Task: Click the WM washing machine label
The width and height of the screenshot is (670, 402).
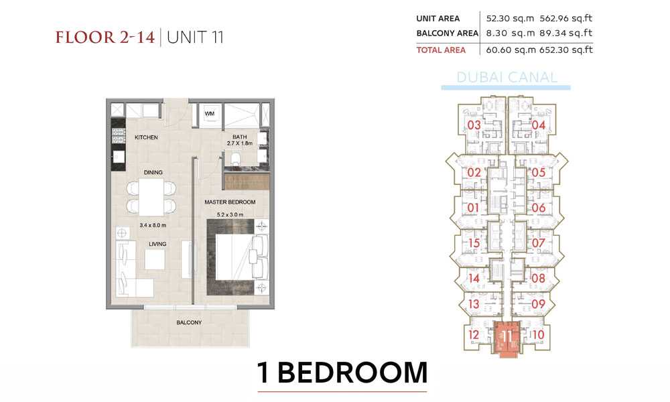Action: pos(209,114)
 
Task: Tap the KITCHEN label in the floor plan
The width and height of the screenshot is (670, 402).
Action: pos(146,137)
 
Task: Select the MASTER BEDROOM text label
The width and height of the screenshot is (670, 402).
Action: pos(230,202)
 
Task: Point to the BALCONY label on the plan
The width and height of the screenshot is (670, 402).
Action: pos(189,322)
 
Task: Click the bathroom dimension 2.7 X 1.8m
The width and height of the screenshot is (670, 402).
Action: pos(240,143)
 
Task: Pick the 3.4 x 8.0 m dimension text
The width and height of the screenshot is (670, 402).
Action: pos(153,225)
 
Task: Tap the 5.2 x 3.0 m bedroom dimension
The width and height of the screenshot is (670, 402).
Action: pos(230,214)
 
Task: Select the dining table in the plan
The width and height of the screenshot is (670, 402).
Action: pos(151,197)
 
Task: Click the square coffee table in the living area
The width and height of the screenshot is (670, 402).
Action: pos(155,259)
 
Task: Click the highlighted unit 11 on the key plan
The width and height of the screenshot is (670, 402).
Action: pos(507,338)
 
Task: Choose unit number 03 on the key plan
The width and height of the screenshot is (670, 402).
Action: pos(474,125)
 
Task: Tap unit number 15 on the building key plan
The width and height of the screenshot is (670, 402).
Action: pos(474,243)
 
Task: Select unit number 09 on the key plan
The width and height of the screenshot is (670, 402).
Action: pos(539,304)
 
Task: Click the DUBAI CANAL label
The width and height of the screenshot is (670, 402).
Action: pos(507,77)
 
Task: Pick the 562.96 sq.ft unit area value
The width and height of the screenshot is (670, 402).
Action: pos(566,18)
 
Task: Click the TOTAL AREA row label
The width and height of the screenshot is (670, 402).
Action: pos(441,50)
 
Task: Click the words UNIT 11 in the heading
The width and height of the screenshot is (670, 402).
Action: pos(195,37)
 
